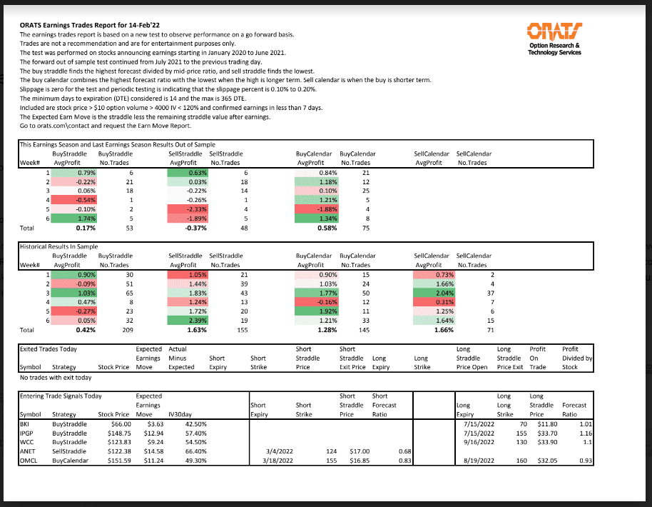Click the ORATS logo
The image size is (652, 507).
[x=552, y=31]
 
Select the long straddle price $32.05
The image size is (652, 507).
[x=546, y=461]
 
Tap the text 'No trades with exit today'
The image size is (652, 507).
[x=56, y=377]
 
